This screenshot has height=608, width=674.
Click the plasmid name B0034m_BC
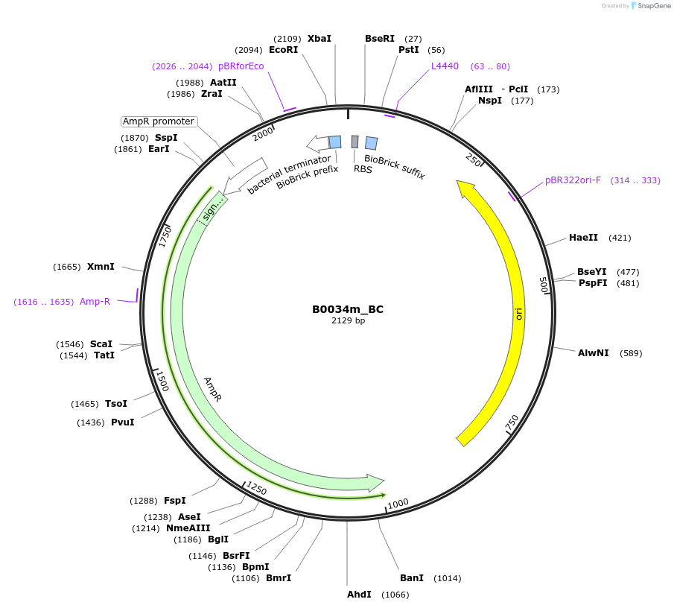coord(348,309)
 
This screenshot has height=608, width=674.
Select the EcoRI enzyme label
coord(283,50)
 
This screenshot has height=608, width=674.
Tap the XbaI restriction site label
coord(319,39)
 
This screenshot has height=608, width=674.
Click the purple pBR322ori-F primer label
coord(573,180)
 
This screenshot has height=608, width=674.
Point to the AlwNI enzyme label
coord(594,353)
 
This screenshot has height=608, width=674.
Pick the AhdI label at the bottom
coord(359,595)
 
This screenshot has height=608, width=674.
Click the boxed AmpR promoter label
coord(159,121)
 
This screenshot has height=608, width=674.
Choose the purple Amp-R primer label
coord(95,302)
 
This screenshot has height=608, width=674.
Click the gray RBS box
coord(355,142)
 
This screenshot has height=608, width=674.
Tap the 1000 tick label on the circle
coord(398,504)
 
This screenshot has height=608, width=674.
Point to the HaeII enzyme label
coord(583,238)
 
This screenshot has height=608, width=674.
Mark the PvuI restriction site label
coord(122,422)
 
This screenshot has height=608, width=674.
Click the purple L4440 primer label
coord(445,66)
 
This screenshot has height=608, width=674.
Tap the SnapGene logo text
coord(653,6)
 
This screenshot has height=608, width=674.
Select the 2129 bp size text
coord(348,321)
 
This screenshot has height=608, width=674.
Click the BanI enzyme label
coord(411,578)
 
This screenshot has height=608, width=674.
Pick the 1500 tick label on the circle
coord(162,381)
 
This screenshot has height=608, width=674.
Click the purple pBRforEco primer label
coord(241,66)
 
